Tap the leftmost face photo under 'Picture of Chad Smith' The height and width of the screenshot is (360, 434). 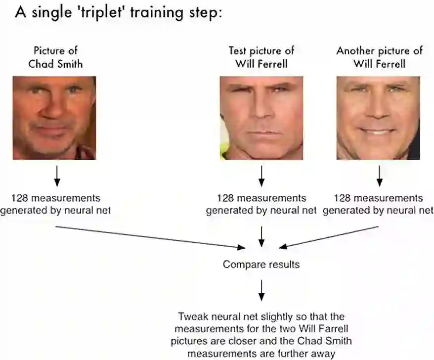point(54,118)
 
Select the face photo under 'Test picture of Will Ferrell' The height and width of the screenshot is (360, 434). point(261,118)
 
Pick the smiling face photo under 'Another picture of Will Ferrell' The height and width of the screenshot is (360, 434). point(378,118)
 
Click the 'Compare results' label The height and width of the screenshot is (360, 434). point(261,265)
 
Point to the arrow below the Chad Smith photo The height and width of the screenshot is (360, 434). point(56,175)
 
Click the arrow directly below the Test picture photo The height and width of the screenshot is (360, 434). point(261,175)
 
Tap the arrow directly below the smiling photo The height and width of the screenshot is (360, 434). point(379,175)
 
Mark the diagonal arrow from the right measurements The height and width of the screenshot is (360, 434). point(329,237)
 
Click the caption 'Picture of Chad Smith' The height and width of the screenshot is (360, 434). point(55,57)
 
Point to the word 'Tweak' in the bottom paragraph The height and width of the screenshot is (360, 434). point(191,316)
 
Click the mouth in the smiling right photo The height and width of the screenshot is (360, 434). point(379,132)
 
